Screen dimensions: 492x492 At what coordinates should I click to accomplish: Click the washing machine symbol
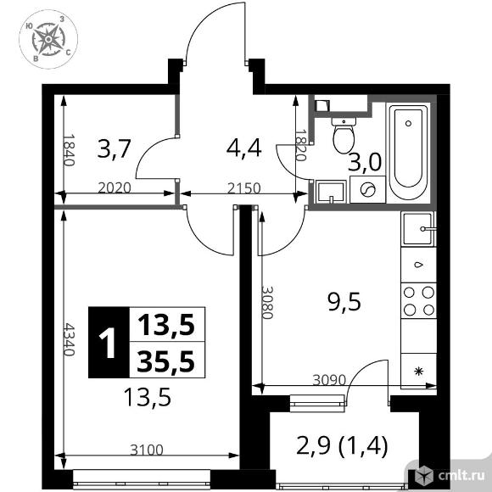click(368, 191)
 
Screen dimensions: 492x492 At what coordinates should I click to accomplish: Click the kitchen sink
click(418, 227)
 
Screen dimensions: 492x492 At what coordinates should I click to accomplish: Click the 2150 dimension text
click(242, 188)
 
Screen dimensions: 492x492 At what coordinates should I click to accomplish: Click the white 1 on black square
click(108, 343)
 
